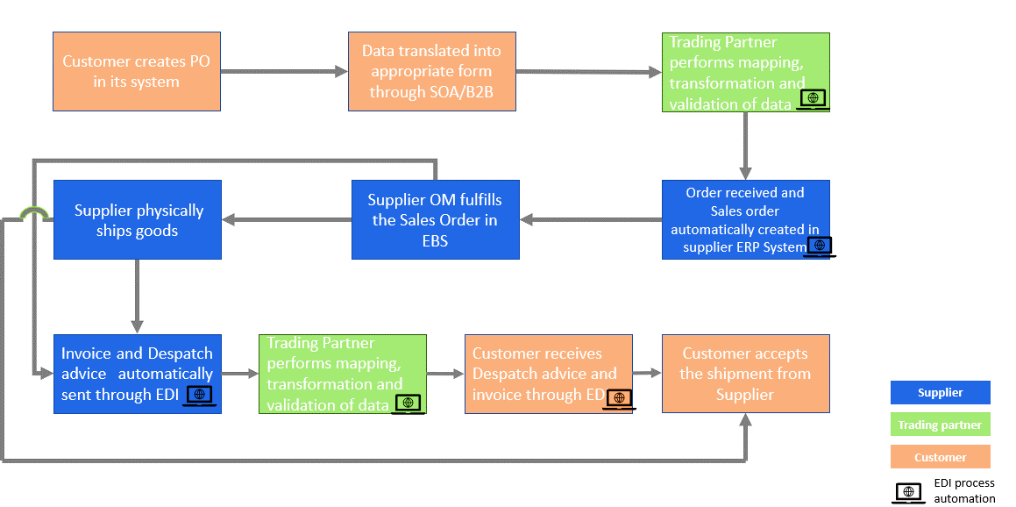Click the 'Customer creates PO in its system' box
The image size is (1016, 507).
136,72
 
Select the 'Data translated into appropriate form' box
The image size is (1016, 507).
431,72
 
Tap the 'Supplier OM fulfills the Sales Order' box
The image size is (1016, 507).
435,219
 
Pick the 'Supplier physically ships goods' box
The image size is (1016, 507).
138,219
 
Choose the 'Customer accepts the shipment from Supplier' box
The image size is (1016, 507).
745,374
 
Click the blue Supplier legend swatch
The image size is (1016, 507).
940,392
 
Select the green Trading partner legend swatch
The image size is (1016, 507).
940,425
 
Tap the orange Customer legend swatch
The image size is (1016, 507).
940,457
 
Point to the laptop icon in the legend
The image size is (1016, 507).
908,493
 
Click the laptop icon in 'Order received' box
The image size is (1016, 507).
819,246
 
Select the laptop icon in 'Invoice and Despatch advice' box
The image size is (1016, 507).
200,396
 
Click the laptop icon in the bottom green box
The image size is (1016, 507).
408,403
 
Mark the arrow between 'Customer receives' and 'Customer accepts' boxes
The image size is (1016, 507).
646,374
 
